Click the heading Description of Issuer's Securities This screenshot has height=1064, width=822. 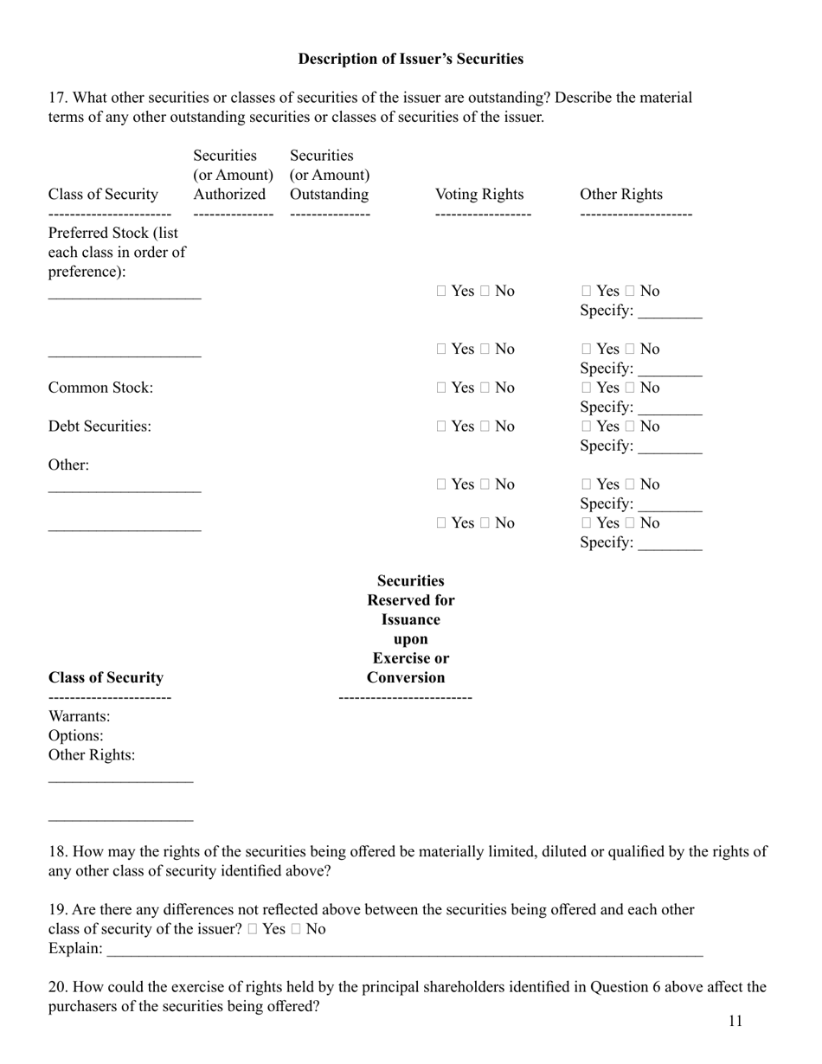pyautogui.click(x=410, y=59)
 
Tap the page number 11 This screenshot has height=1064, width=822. pyautogui.click(x=735, y=1021)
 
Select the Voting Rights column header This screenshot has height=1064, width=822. pyautogui.click(x=478, y=194)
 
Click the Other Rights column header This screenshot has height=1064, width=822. pyautogui.click(x=620, y=194)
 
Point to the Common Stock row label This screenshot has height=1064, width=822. pyautogui.click(x=100, y=388)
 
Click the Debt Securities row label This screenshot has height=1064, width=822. pyautogui.click(x=100, y=426)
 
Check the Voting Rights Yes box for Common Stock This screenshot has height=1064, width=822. pyautogui.click(x=441, y=388)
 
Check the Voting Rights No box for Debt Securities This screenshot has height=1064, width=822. pyautogui.click(x=486, y=427)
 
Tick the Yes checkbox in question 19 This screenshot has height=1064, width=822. pyautogui.click(x=252, y=930)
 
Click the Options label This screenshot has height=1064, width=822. pyautogui.click(x=76, y=735)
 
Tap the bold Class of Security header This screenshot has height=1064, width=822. pyautogui.click(x=106, y=677)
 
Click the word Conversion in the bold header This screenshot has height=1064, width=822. pyautogui.click(x=406, y=677)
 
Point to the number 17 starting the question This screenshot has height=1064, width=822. pyautogui.click(x=56, y=98)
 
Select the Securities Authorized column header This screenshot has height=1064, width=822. pyautogui.click(x=229, y=175)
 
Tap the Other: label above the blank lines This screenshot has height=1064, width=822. pyautogui.click(x=68, y=465)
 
